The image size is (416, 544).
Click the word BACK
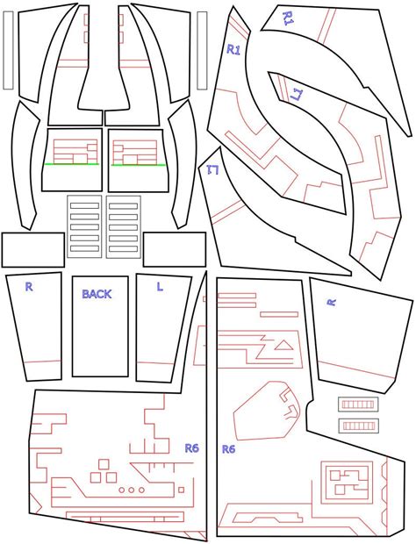click(97, 294)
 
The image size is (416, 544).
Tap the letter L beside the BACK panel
click(160, 287)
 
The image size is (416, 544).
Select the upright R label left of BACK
click(29, 287)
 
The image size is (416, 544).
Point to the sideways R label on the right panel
click(332, 302)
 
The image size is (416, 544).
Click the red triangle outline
click(284, 346)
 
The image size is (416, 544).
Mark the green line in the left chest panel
click(71, 164)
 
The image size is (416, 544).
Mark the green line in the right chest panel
click(139, 165)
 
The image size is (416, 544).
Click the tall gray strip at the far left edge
click(8, 50)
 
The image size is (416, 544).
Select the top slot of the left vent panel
click(84, 205)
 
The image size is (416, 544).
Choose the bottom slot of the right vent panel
click(123, 249)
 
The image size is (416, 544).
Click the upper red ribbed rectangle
click(358, 404)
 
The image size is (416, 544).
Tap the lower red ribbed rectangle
click(358, 426)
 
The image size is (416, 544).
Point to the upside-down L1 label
click(212, 169)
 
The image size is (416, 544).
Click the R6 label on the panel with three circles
click(192, 448)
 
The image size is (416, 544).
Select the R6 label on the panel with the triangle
click(228, 449)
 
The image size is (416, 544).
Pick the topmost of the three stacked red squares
click(104, 464)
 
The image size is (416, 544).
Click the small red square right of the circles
click(181, 490)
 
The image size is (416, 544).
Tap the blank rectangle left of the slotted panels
click(33, 250)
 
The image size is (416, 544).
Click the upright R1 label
click(233, 50)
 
